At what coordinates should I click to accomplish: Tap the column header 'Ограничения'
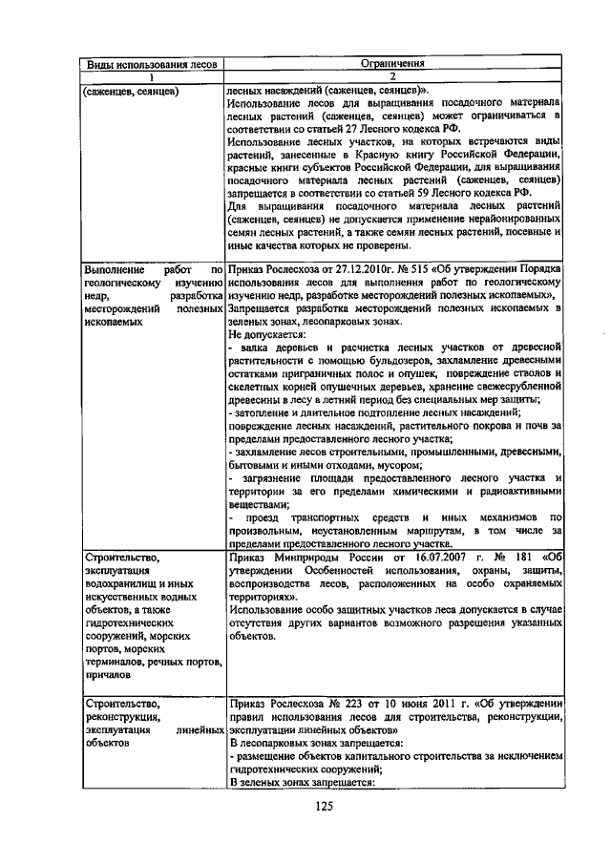coord(391,65)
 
